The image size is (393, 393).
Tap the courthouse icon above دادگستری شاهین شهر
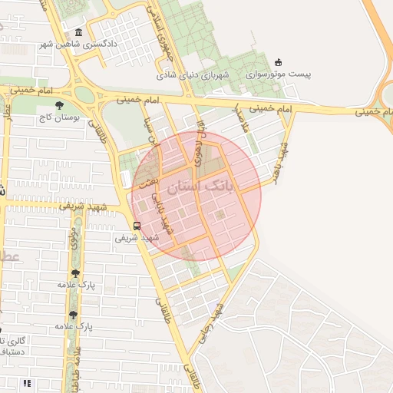pyautogui.click(x=80, y=32)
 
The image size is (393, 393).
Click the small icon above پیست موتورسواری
pyautogui.click(x=278, y=62)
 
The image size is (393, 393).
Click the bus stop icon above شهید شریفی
pyautogui.click(x=137, y=226)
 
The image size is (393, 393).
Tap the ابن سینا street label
pyautogui.click(x=150, y=132)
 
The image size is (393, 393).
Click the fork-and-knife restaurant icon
pyautogui.click(x=28, y=382)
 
